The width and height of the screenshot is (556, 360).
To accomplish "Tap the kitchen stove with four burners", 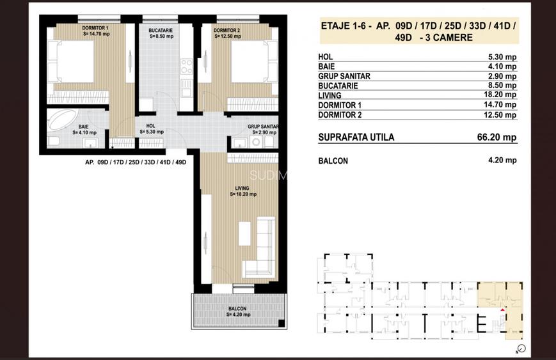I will point(187,67).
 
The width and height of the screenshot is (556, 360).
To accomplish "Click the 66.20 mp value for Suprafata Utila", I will point(500,137).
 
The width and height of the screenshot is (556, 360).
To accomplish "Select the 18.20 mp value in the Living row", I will point(502,95).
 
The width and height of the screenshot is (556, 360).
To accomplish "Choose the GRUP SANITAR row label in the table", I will point(344,76).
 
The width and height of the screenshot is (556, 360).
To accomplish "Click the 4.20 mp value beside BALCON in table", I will point(502,160).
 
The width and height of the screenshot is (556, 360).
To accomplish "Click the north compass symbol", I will point(520,349).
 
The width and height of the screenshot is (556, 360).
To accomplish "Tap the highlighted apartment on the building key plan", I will point(500,301).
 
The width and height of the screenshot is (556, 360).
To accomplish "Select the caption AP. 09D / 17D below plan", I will point(135,162).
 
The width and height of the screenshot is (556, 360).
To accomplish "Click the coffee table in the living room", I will point(245,233).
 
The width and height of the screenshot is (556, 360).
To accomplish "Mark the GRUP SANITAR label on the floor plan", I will point(254,127).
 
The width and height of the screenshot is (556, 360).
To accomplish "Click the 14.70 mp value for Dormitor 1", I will point(502,105).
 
